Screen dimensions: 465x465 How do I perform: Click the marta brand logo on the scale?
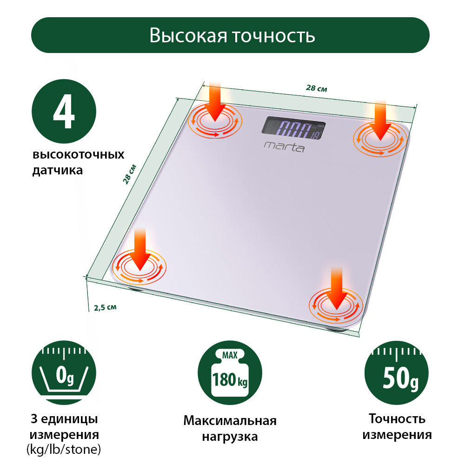pyautogui.click(x=285, y=147)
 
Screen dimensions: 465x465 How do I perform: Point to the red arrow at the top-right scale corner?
pyautogui.click(x=381, y=120)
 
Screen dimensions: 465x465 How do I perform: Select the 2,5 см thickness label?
pyautogui.click(x=105, y=307)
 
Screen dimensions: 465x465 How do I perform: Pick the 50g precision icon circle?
pyautogui.click(x=396, y=376)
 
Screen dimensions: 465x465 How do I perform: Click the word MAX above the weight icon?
pyautogui.click(x=230, y=356)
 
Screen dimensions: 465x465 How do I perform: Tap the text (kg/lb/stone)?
pyautogui.click(x=64, y=450)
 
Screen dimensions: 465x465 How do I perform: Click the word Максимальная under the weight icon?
pyautogui.click(x=230, y=421)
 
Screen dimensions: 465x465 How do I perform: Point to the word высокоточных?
pyautogui.click(x=78, y=154)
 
